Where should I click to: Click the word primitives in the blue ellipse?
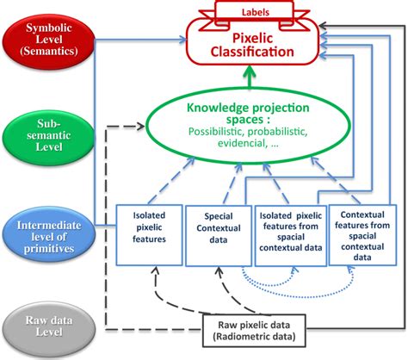tap(49, 248)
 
